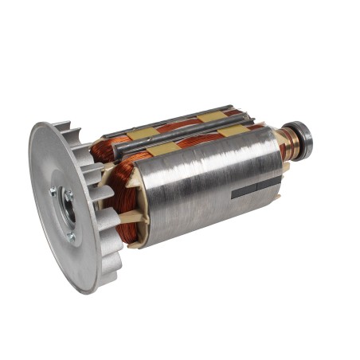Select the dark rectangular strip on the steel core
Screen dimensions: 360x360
(256, 189)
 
